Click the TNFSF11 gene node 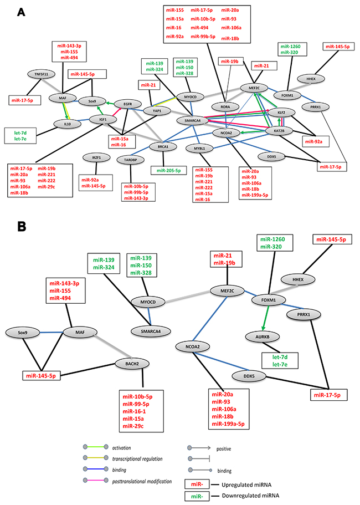(39, 73)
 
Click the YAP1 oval (157, 111)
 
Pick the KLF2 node (297, 111)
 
